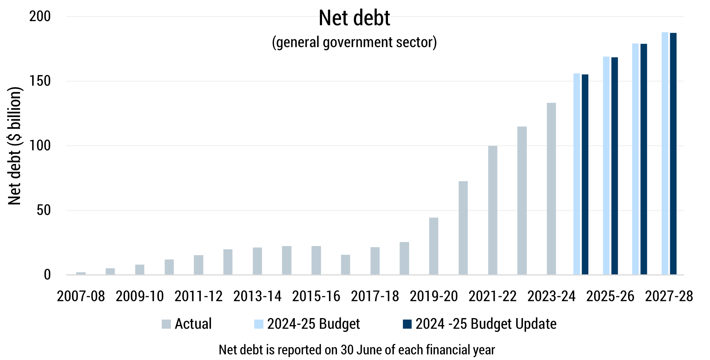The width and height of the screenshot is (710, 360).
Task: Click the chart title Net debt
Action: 354,18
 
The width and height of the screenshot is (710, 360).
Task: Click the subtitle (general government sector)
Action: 354,42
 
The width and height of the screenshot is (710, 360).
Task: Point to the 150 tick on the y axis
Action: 40,81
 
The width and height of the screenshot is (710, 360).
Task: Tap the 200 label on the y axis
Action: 40,16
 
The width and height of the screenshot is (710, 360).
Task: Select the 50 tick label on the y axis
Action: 43,210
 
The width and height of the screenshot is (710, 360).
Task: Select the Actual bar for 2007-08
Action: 81,273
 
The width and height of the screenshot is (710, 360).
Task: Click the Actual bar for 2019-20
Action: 434,246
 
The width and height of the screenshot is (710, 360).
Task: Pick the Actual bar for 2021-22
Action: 493,210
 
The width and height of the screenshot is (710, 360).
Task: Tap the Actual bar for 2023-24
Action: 551,189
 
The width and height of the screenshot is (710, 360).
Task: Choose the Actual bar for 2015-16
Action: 316,260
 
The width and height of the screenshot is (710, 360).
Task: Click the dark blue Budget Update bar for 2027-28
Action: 673,153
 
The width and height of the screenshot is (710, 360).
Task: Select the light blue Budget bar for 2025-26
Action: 606,165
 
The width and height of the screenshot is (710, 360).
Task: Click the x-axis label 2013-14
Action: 257,296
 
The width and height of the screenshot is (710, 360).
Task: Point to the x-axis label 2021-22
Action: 493,296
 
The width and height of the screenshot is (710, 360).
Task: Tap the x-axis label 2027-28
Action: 669,296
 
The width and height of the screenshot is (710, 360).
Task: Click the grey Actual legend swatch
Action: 166,324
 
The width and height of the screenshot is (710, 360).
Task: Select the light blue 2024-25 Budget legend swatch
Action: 259,324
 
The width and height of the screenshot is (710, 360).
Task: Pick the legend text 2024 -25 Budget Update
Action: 486,324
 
